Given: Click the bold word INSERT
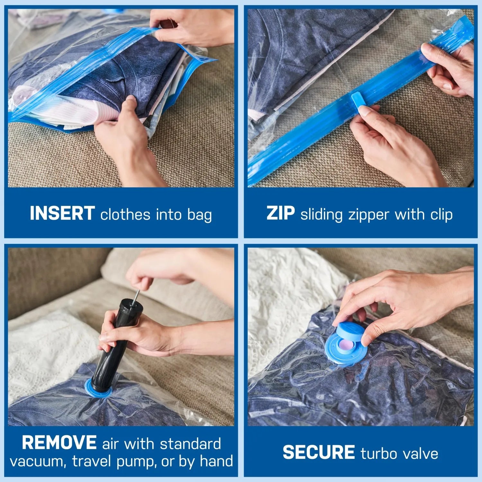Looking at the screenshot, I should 62,213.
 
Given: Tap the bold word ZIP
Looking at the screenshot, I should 280,213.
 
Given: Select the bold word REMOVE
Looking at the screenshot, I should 59,443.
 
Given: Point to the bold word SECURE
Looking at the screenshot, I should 318,452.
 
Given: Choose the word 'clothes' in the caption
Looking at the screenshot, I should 125,215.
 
